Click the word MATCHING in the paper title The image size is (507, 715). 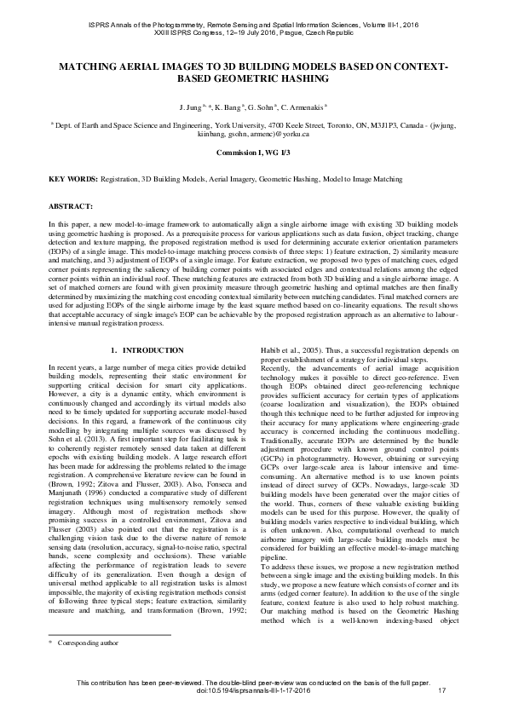89,66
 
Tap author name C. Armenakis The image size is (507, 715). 303,109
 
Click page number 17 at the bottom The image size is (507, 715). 441,701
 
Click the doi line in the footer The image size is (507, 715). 253,701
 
